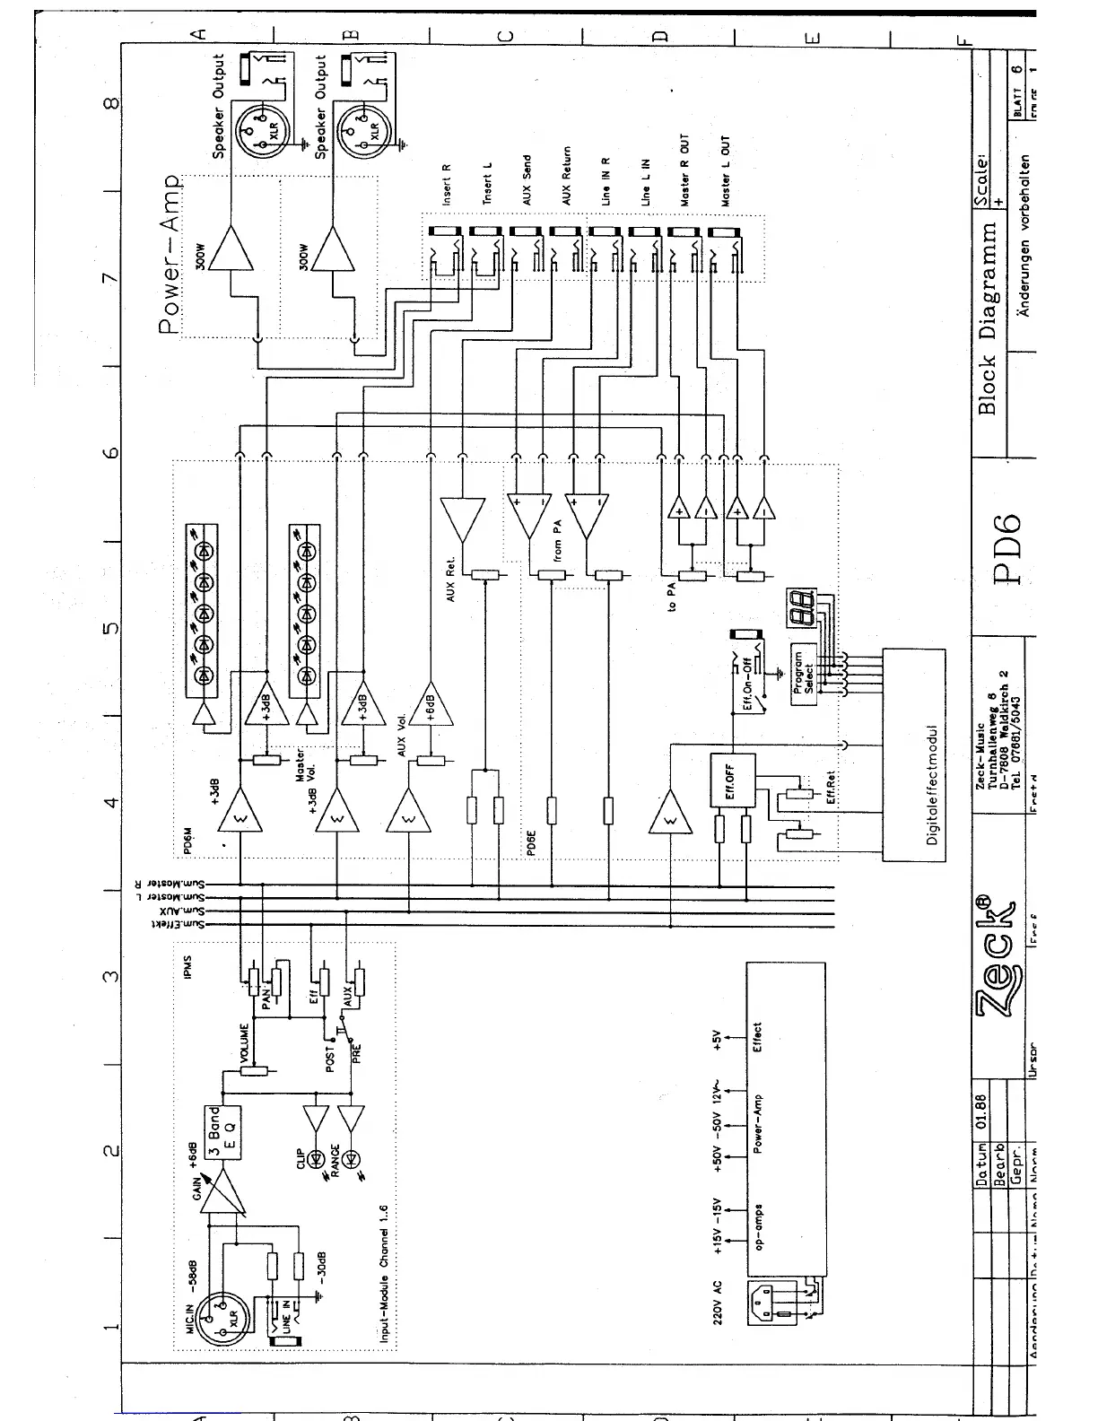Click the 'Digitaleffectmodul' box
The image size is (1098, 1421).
point(914,754)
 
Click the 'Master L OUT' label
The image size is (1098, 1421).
point(725,172)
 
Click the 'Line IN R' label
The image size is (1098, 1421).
point(606,183)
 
